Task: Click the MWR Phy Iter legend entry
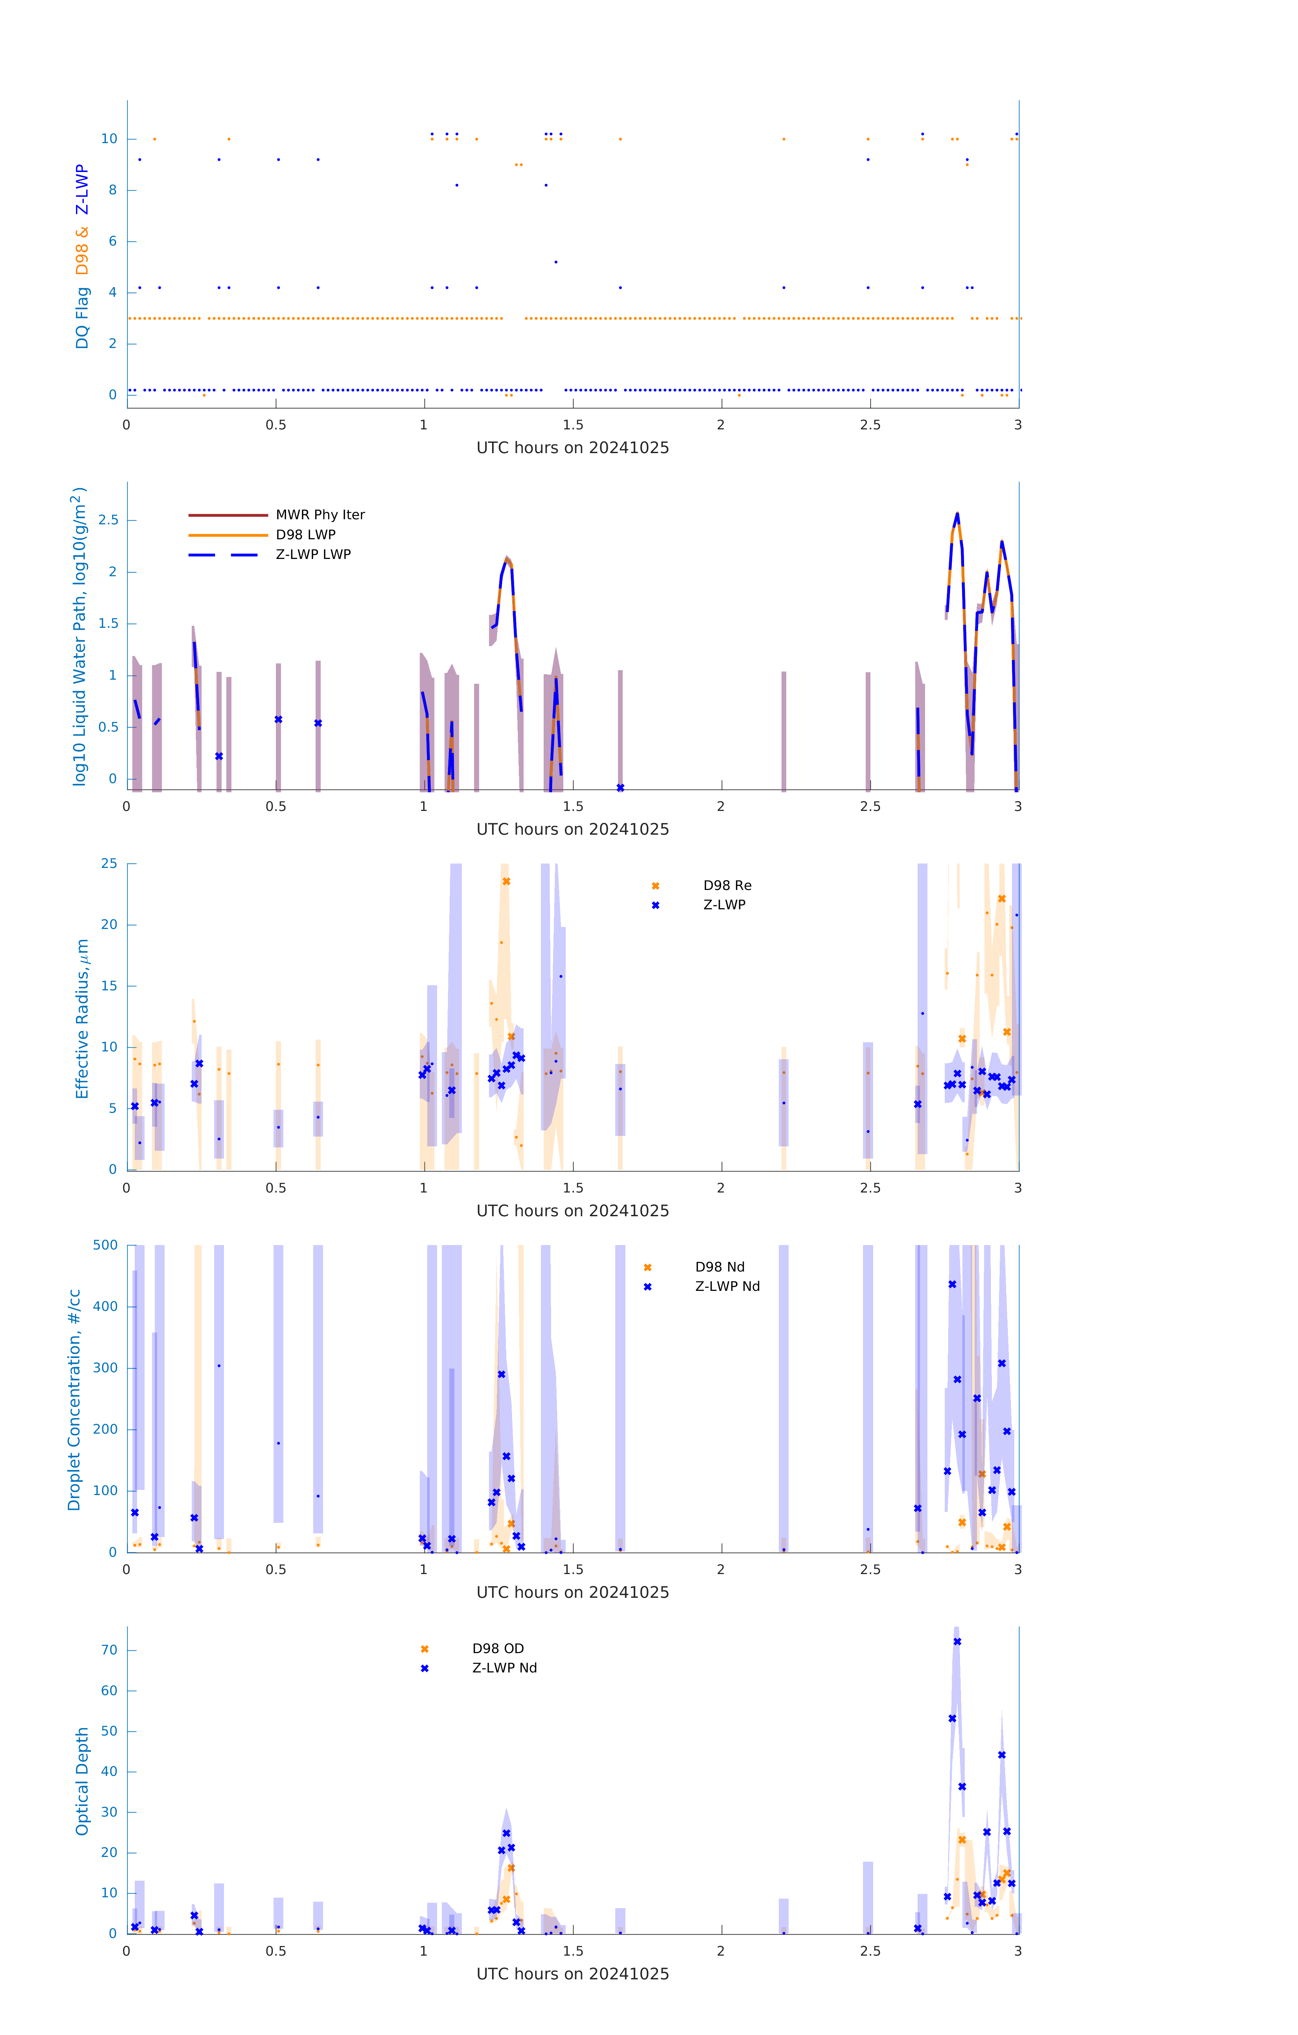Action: (x=320, y=515)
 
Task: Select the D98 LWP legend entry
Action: (x=305, y=535)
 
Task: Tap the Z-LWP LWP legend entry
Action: (x=313, y=555)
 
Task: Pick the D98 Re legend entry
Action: (x=727, y=886)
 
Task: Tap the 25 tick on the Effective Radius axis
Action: (x=109, y=864)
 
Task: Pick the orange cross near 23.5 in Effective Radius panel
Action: (x=507, y=881)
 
